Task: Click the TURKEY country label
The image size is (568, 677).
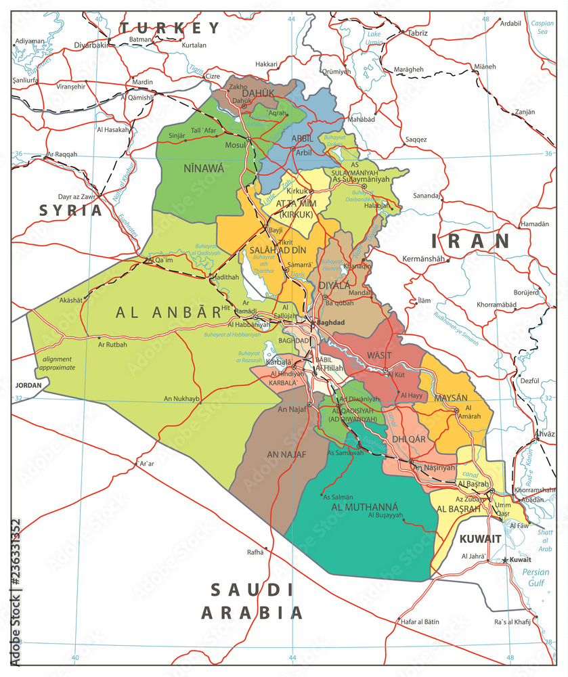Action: point(171,28)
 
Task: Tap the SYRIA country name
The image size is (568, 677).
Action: point(70,210)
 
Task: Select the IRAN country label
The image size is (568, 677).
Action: point(471,241)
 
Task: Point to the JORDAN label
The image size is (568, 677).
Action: point(27,385)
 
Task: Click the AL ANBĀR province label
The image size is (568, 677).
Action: point(169,312)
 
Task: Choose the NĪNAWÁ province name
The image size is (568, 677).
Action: point(203,169)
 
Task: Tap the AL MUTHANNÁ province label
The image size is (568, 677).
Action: point(365,506)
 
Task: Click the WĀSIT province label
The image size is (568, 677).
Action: point(379,355)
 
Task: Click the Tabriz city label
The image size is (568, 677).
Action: point(418,32)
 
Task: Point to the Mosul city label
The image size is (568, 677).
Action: point(235,145)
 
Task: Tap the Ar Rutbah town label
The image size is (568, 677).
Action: point(112,344)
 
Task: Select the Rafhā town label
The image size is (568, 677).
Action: point(255,552)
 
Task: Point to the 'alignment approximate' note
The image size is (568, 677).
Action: point(58,363)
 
